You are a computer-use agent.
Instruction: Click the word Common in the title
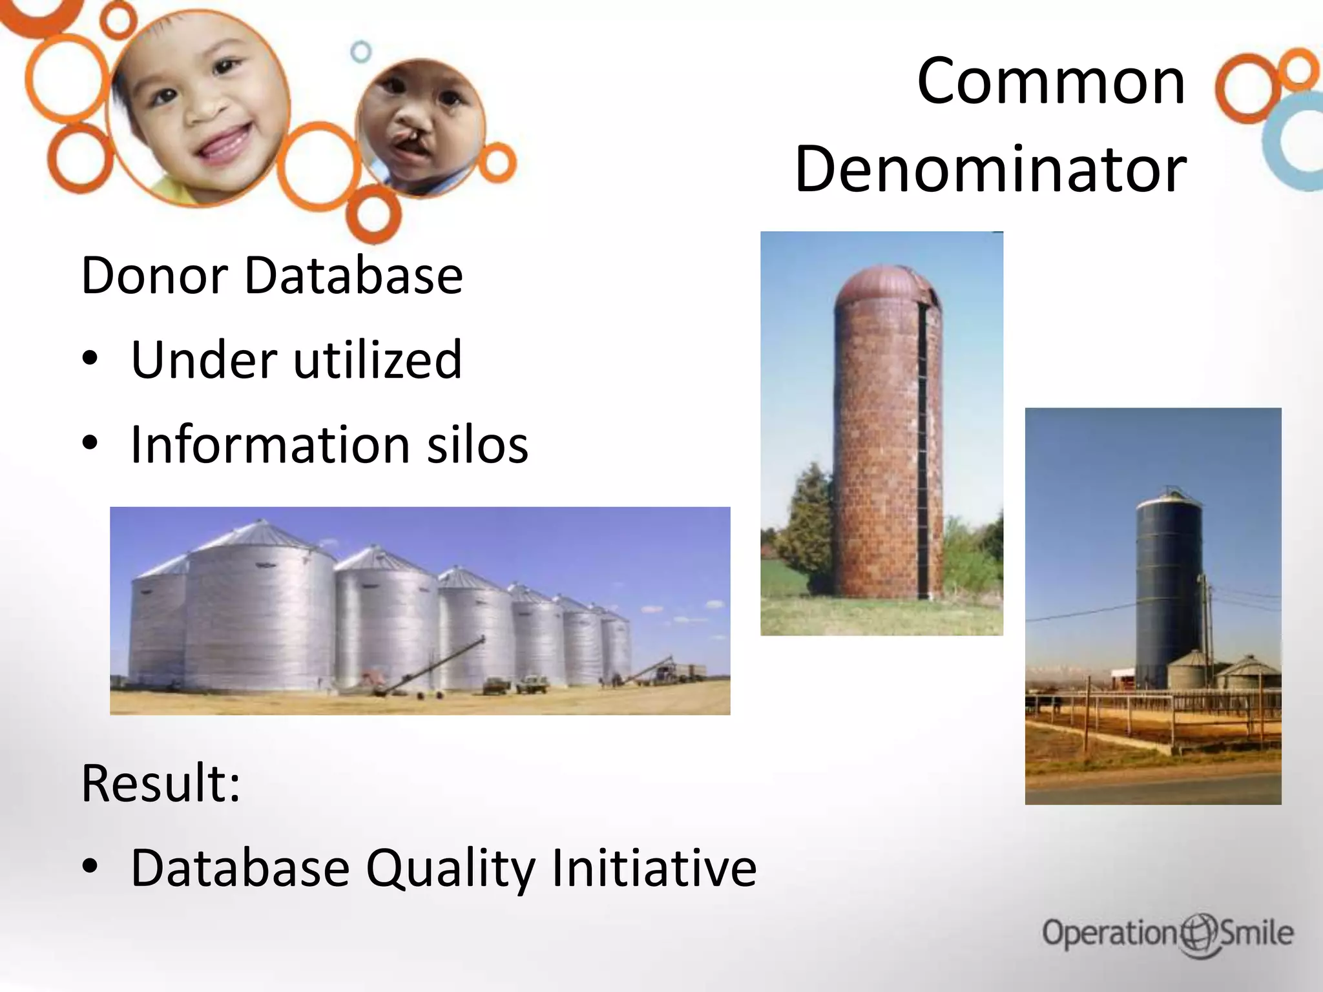pyautogui.click(x=1051, y=81)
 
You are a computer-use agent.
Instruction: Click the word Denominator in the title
pyautogui.click(x=990, y=169)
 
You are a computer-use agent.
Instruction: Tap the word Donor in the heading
pyautogui.click(x=154, y=276)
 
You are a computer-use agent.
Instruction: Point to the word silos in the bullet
pyautogui.click(x=477, y=445)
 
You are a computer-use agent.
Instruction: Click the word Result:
pyautogui.click(x=161, y=783)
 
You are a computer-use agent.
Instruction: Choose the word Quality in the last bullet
pyautogui.click(x=450, y=869)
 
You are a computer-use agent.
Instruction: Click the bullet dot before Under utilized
pyautogui.click(x=90, y=358)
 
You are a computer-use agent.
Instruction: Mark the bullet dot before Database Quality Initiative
pyautogui.click(x=90, y=866)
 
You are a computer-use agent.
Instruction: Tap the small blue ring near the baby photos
pyautogui.click(x=361, y=52)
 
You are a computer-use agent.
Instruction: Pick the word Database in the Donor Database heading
pyautogui.click(x=353, y=276)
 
